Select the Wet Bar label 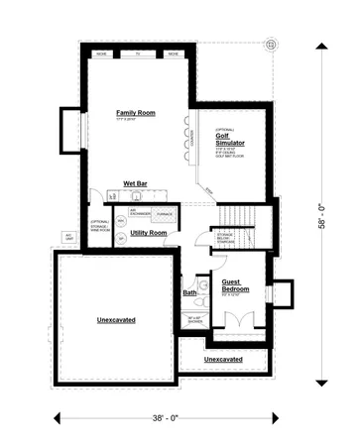click(136, 184)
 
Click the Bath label click(189, 292)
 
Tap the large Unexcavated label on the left click(116, 320)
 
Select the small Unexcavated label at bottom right click(223, 359)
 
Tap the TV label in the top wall click(138, 53)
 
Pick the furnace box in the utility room click(165, 214)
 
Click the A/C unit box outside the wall click(69, 236)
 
